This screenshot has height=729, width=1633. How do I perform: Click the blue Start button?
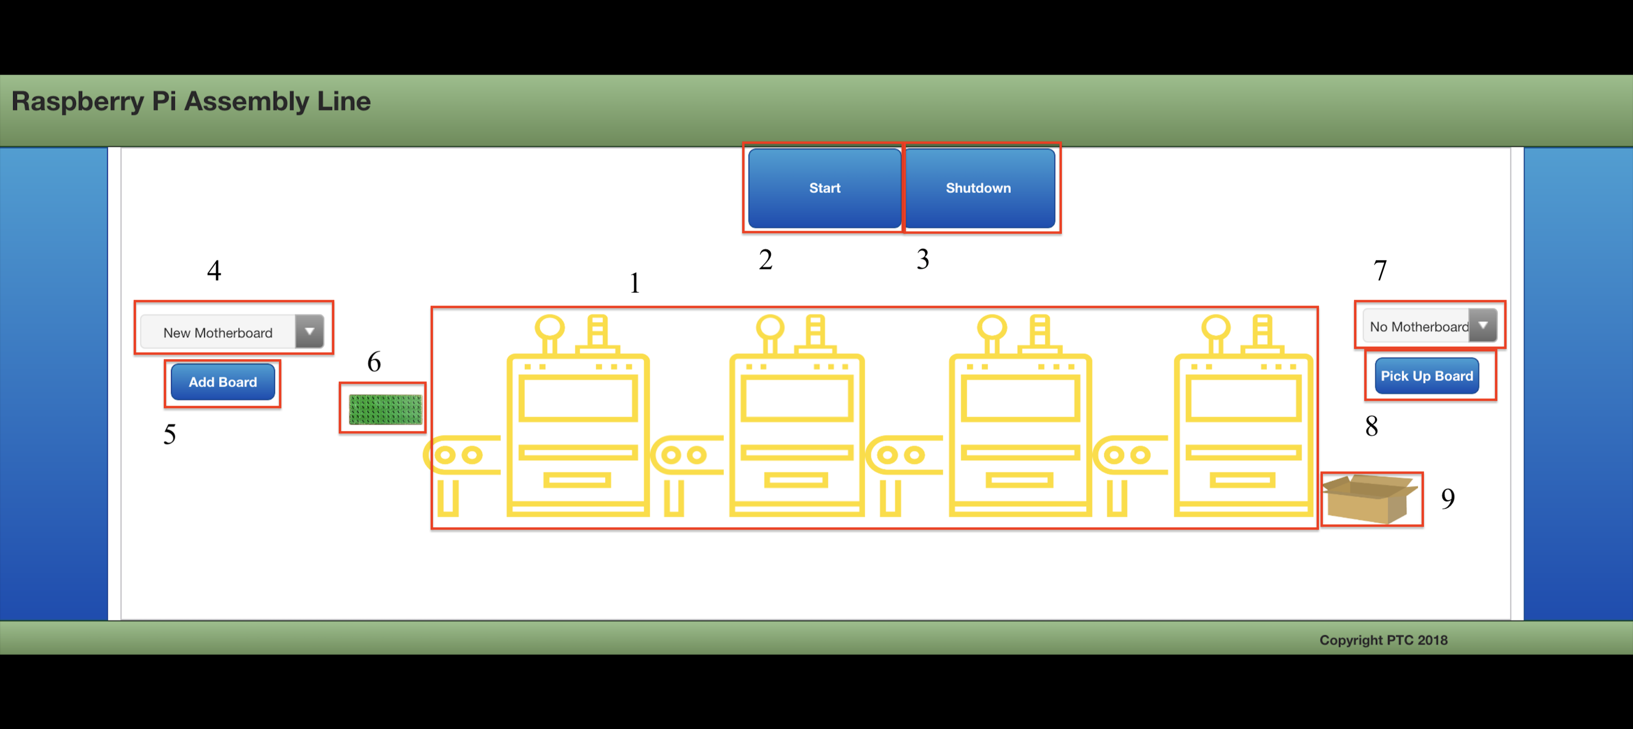tap(824, 188)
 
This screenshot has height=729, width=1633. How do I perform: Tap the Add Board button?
tap(223, 382)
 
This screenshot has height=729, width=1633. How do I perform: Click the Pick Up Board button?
tap(1426, 376)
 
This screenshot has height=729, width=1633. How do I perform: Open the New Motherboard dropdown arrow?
tap(310, 331)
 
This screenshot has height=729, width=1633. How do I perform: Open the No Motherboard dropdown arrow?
tap(1483, 325)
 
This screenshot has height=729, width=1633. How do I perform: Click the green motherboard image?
tap(385, 409)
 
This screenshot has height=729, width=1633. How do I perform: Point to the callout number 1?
tap(635, 283)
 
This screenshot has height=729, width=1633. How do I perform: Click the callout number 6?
tap(374, 362)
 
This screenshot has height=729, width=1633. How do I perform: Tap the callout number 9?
tap(1447, 499)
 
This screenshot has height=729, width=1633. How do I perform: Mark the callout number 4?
tap(214, 271)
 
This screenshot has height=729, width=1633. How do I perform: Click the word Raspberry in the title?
tap(77, 102)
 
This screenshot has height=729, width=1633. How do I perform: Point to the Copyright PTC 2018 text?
tap(1383, 640)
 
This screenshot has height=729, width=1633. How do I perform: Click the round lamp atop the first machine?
tap(549, 327)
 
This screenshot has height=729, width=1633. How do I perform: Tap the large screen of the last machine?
tap(1244, 399)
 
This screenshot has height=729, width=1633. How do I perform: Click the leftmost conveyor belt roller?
tap(446, 454)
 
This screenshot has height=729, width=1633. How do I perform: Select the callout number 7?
tap(1380, 271)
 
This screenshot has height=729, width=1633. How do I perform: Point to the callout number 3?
tap(922, 259)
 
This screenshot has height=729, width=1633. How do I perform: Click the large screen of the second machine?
tap(797, 399)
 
